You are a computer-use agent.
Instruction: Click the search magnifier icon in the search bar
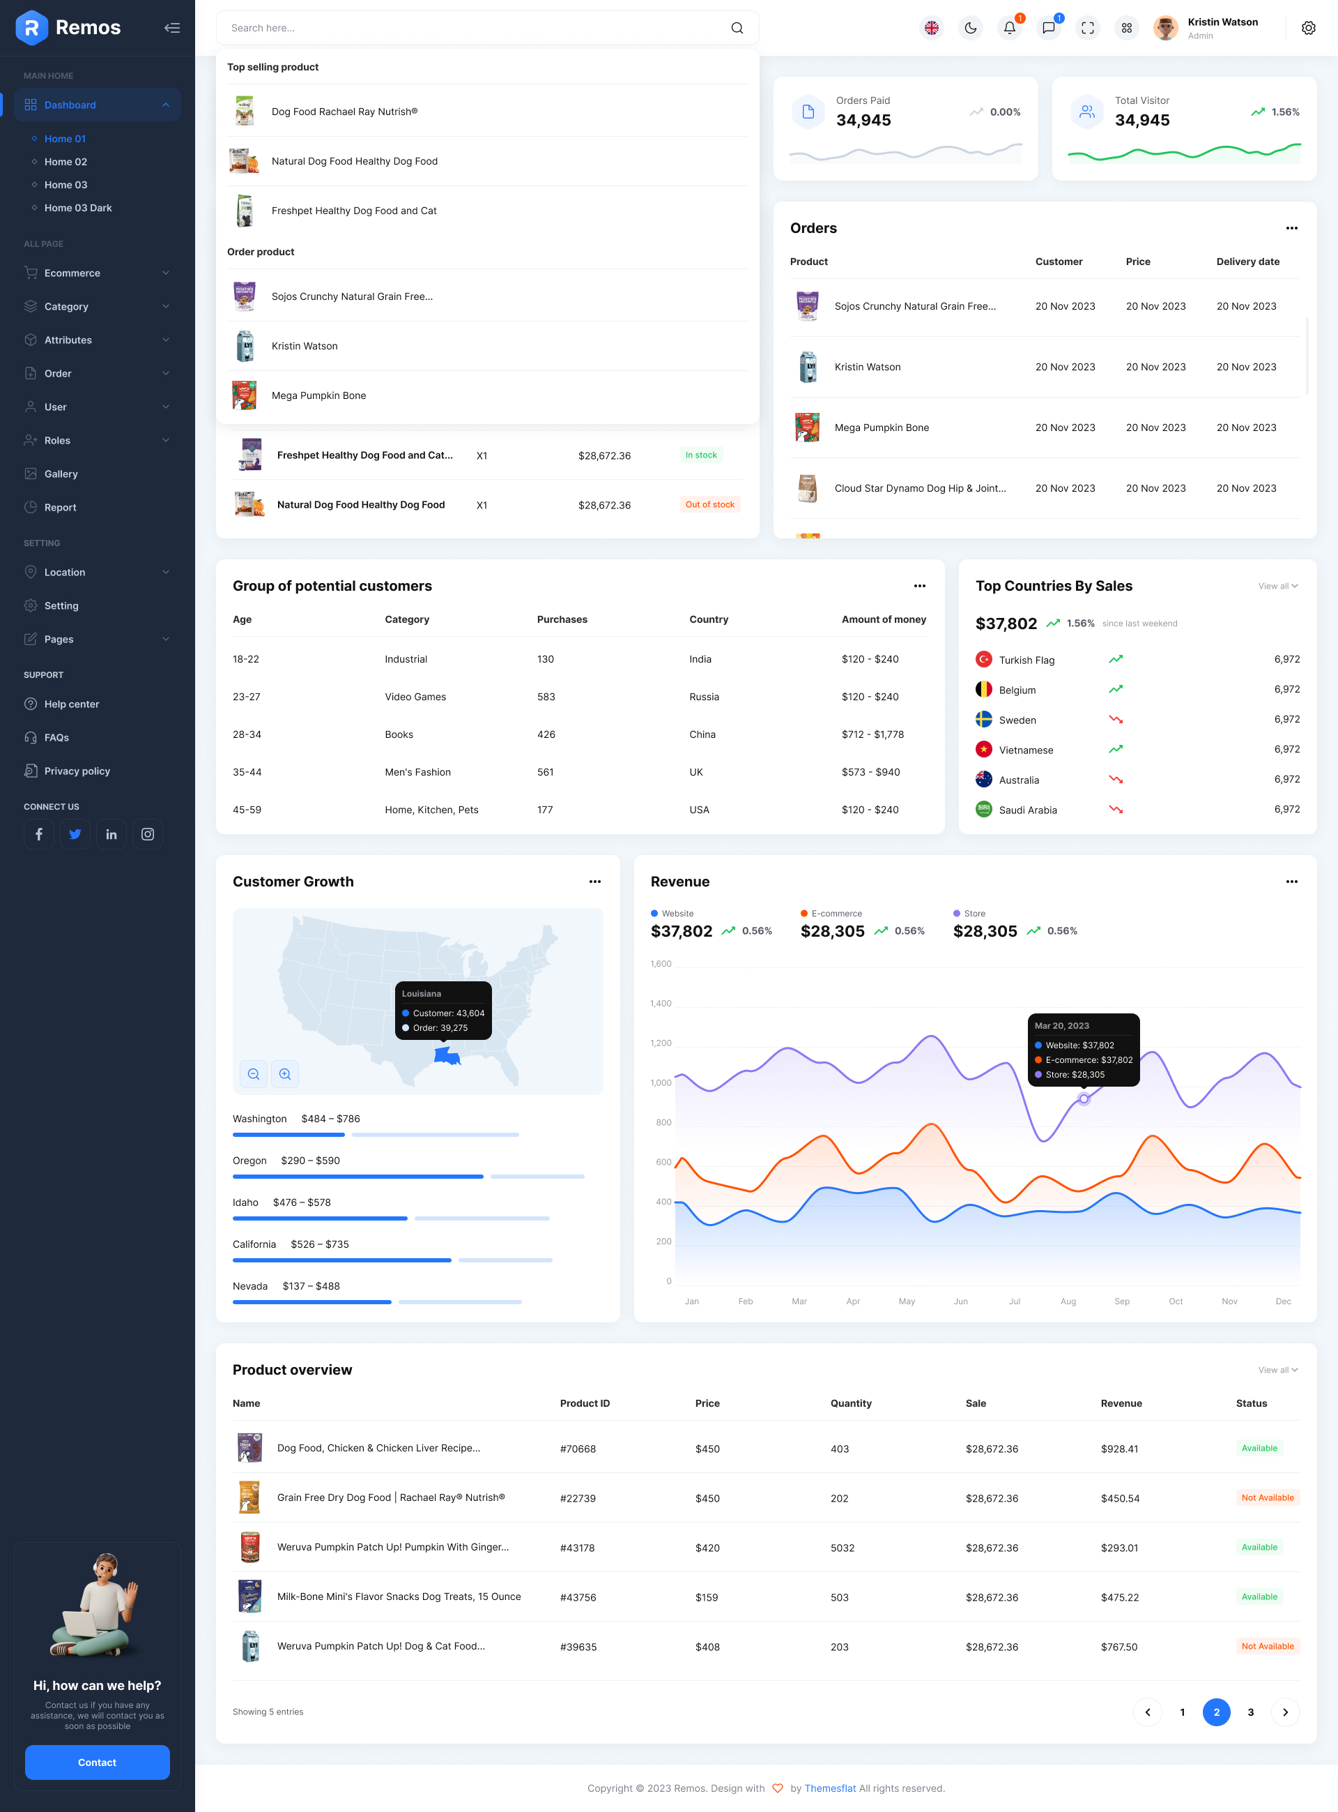coord(736,29)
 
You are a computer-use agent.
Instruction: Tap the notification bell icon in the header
coord(1009,29)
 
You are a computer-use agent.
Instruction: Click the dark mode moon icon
coord(970,29)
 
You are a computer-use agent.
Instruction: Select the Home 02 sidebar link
coord(66,162)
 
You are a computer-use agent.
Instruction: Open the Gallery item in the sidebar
coord(61,474)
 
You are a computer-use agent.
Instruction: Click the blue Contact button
coord(97,1762)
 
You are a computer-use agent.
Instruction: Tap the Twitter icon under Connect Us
coord(75,834)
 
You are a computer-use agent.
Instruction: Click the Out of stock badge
coord(709,505)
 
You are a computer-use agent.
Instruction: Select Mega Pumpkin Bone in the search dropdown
coord(318,395)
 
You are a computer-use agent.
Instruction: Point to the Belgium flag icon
coord(983,690)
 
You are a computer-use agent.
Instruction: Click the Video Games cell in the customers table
coord(415,697)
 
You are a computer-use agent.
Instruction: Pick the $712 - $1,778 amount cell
coord(872,734)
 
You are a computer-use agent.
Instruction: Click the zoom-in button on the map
coord(285,1074)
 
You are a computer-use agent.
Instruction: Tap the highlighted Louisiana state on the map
coord(446,1055)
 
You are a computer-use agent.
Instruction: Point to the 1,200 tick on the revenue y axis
coord(660,1043)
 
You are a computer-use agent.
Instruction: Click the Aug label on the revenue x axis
coord(1068,1301)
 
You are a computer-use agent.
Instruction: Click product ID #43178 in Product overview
coord(577,1548)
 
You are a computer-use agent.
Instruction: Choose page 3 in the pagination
coord(1249,1712)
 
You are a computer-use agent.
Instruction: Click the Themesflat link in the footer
coord(829,1788)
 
